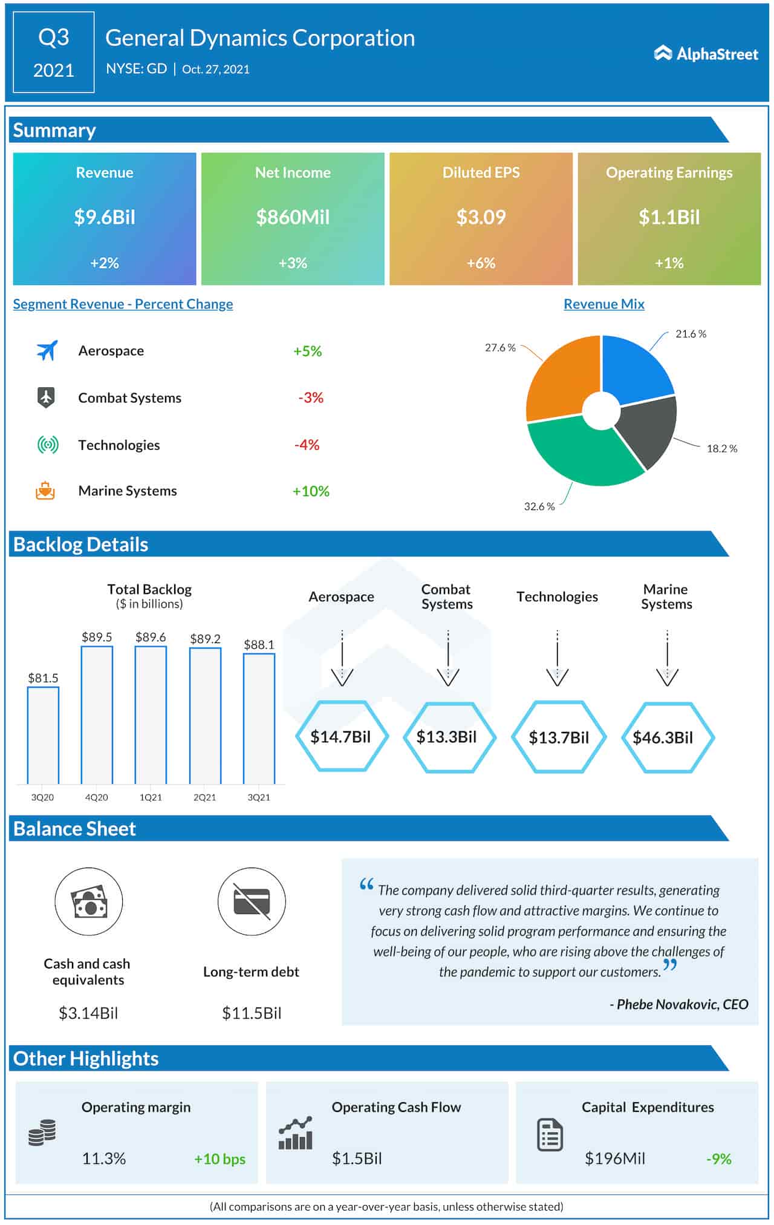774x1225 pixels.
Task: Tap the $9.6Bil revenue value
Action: pos(105,217)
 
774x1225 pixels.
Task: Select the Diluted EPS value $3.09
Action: pos(481,217)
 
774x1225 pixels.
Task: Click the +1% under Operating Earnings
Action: pos(669,263)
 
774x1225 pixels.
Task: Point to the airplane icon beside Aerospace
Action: pos(47,350)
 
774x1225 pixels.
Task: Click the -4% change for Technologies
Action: pos(307,445)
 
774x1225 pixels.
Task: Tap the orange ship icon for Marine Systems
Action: pos(45,491)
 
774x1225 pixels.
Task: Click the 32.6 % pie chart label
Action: pos(539,506)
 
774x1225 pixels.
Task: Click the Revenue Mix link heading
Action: pos(603,304)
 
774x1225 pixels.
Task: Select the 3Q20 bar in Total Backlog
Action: pos(43,734)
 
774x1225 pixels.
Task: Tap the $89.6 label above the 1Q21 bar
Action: pos(151,637)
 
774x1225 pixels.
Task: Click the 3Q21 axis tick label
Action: pos(259,797)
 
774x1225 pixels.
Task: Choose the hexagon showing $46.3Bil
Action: pos(668,737)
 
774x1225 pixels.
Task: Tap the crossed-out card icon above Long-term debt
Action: pos(252,901)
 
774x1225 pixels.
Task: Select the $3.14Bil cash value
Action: pos(88,1013)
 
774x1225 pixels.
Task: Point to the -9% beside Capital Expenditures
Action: pos(718,1159)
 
